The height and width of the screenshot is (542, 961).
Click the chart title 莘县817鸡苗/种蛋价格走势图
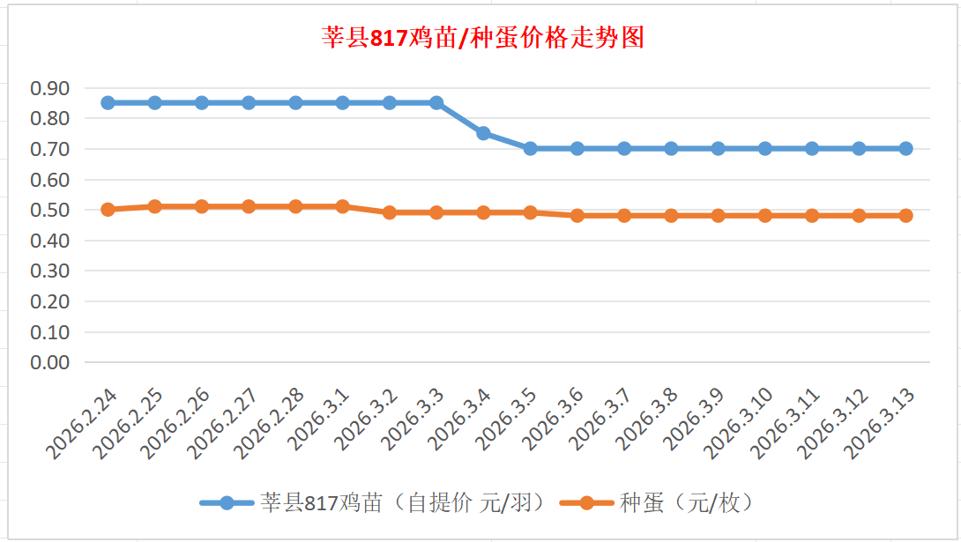[x=482, y=39]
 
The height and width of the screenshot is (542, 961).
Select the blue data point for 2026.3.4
[x=483, y=133]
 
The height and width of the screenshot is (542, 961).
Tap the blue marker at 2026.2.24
[x=108, y=102]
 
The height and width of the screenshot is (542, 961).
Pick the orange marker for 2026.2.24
[x=108, y=210]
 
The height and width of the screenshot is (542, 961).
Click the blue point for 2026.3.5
[x=530, y=148]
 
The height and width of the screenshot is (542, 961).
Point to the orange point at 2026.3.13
[x=905, y=215]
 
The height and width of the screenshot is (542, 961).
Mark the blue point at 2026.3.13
[x=905, y=148]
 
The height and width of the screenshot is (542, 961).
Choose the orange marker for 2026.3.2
[x=390, y=212]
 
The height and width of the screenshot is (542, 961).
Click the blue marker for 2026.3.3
[x=436, y=102]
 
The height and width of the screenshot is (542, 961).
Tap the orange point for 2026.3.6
[x=577, y=215]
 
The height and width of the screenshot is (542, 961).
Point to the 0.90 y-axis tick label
[x=49, y=88]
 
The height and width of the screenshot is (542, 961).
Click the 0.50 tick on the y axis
[x=49, y=210]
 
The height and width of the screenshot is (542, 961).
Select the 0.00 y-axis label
[x=49, y=361]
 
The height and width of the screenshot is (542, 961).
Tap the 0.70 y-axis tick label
[x=49, y=149]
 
